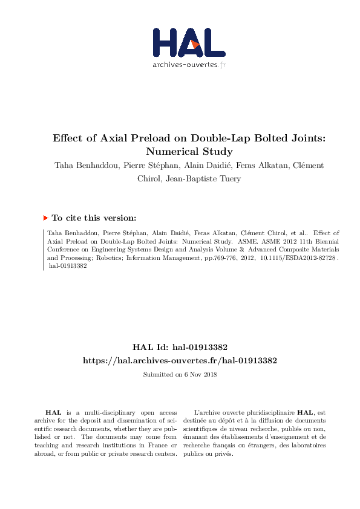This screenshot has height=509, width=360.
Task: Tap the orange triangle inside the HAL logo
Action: point(194,45)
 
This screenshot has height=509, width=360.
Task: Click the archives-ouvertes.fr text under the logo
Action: point(189,65)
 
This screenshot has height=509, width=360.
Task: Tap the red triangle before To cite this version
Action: point(45,218)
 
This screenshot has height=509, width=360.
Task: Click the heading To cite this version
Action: point(94,218)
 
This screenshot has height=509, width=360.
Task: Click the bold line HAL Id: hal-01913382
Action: point(180,348)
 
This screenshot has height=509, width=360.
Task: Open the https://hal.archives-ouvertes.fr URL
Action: point(180,360)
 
